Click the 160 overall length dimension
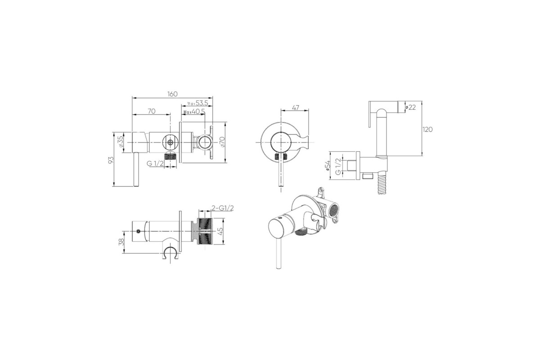172,94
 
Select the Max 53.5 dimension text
198,103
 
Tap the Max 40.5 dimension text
194,112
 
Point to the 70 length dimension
152,111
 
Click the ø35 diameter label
121,143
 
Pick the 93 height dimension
111,160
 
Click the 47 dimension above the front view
295,108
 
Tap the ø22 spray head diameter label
410,107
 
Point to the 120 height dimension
427,130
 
